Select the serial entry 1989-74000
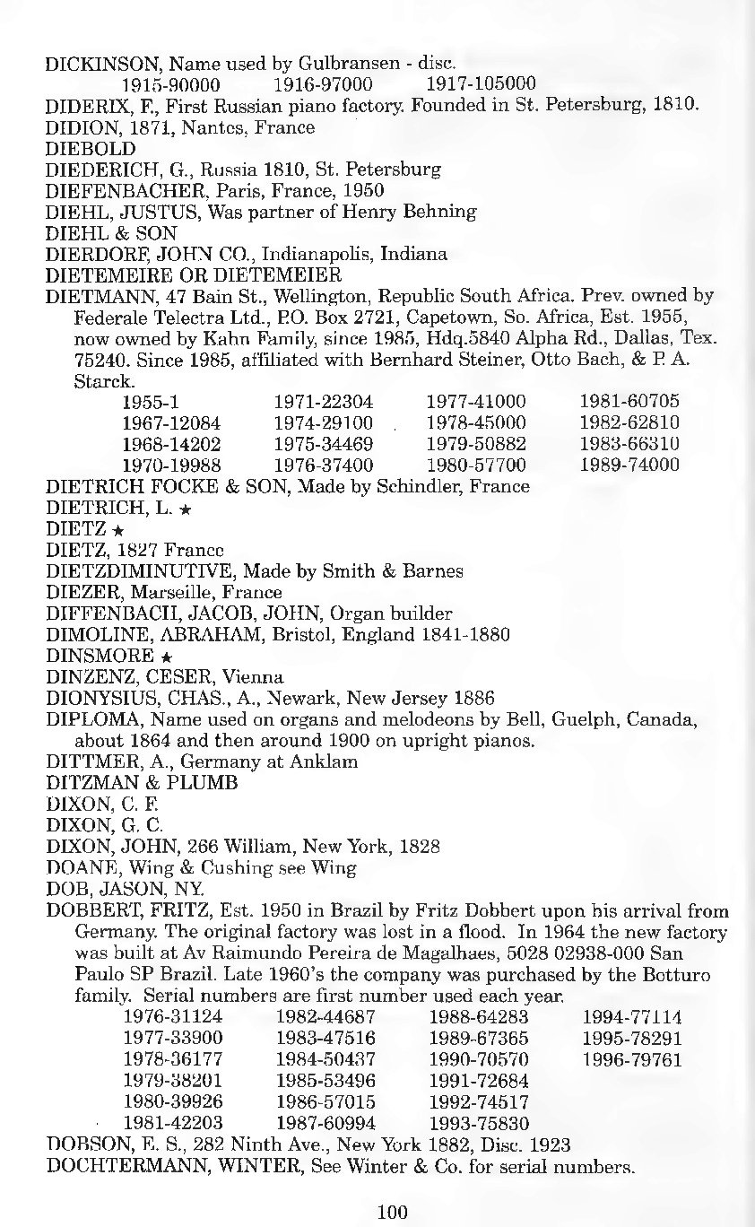629,465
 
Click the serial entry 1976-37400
324,465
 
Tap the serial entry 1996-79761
632,1060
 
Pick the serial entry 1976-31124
172,1017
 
